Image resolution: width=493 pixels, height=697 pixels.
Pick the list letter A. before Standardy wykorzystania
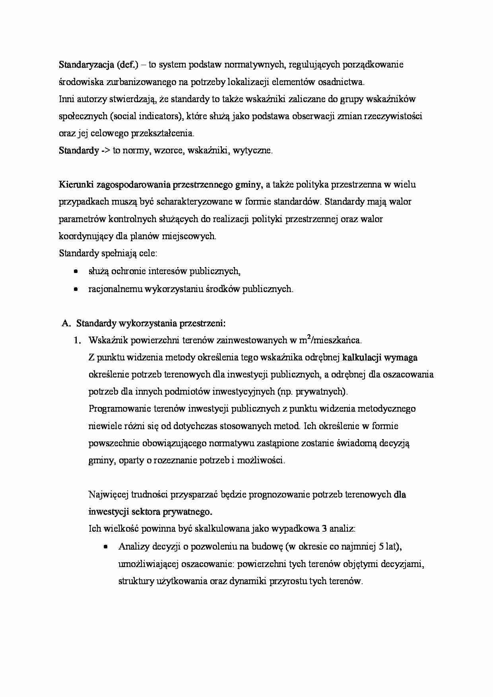(x=66, y=323)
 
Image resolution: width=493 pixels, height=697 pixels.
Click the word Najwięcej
(x=107, y=495)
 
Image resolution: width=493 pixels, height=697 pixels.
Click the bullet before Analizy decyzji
(x=106, y=547)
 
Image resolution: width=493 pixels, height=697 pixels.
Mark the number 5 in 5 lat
(x=381, y=547)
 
